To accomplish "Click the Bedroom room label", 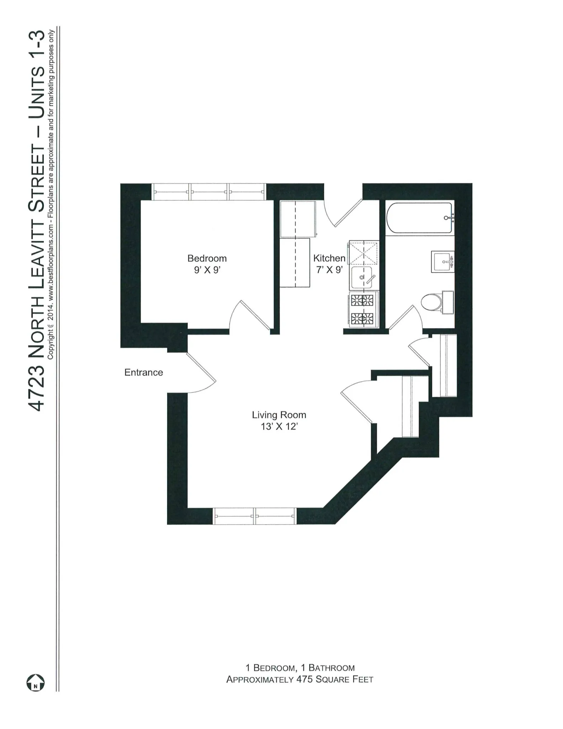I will (207, 258).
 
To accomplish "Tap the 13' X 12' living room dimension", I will (279, 426).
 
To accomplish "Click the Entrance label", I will (143, 372).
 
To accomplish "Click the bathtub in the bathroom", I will (419, 218).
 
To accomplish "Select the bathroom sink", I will (443, 262).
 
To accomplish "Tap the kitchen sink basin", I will (362, 278).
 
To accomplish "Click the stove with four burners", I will (363, 309).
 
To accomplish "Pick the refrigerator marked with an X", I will (363, 252).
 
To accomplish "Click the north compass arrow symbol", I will (36, 682).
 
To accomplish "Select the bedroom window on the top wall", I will (209, 192).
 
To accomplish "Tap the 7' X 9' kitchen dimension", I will (329, 269).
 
